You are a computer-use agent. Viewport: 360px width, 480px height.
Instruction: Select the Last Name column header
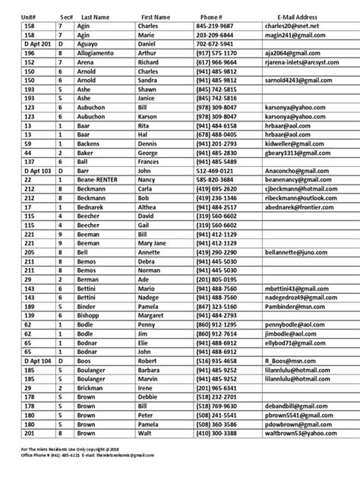pyautogui.click(x=87, y=16)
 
